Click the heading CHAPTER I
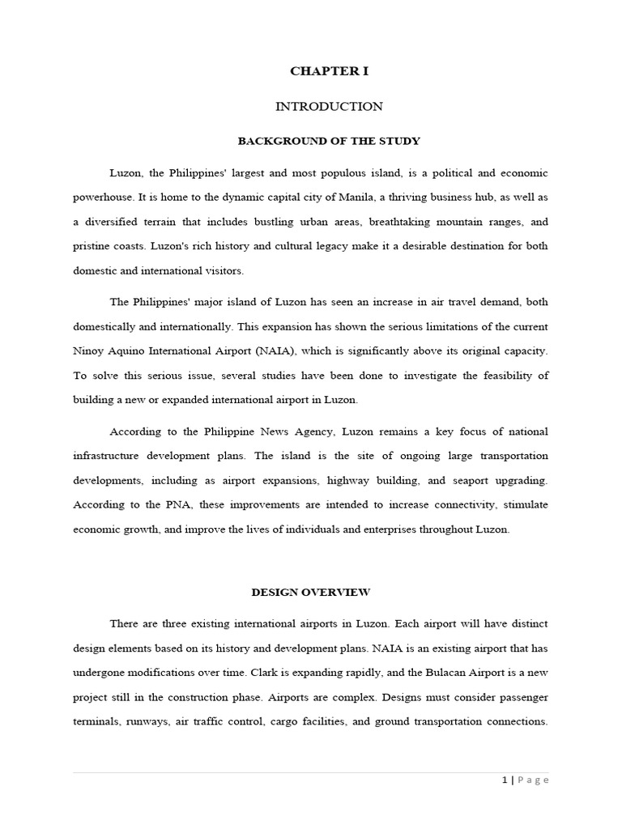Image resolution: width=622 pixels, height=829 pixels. coord(329,71)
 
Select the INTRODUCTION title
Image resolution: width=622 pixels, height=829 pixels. coord(329,106)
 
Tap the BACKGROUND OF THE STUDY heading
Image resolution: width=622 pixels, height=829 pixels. coord(329,141)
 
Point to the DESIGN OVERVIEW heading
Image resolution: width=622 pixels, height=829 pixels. coord(311,592)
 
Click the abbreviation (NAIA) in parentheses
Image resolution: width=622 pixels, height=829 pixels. coord(300,351)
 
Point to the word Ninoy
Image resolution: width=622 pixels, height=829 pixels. coord(88,351)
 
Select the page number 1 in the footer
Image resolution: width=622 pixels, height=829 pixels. coord(505,780)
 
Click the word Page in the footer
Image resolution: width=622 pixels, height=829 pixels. coord(532,780)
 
